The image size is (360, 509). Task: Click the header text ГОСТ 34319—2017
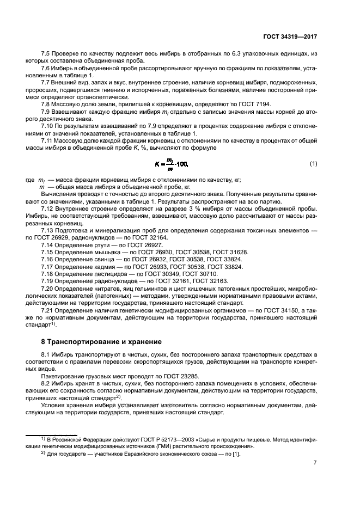click(x=289, y=36)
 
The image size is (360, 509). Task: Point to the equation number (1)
click(x=313, y=163)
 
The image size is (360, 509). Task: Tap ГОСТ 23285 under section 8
click(x=157, y=376)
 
